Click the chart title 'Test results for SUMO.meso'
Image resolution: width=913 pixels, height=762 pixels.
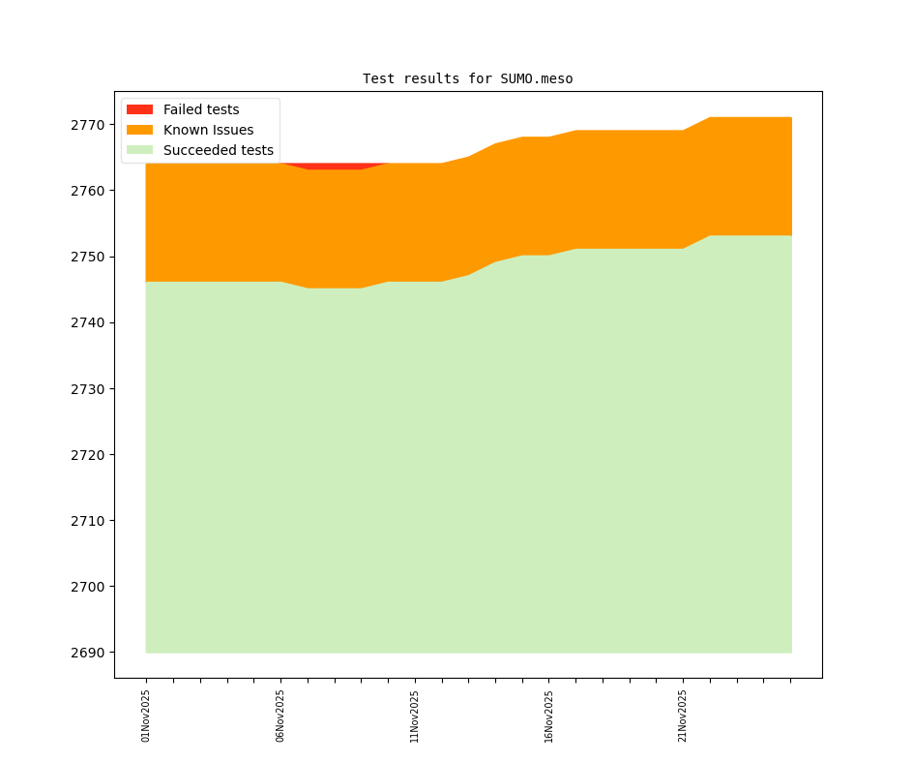click(467, 78)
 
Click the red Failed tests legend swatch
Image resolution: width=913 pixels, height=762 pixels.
click(139, 109)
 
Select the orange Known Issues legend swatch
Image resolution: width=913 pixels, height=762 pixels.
click(139, 130)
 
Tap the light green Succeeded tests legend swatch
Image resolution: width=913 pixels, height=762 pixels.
click(139, 150)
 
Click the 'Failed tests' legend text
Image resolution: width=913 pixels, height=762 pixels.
click(201, 109)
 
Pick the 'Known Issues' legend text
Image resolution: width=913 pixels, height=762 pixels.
click(208, 130)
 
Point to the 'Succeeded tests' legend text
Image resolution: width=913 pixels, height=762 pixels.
click(219, 150)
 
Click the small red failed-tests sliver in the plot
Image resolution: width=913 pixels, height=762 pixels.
click(335, 166)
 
